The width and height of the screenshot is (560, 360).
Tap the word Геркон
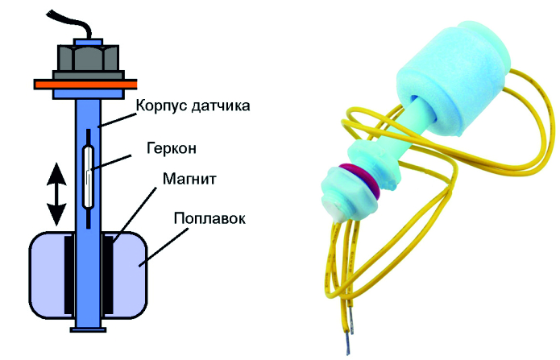point(171,149)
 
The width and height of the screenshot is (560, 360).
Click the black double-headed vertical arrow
point(56,194)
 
